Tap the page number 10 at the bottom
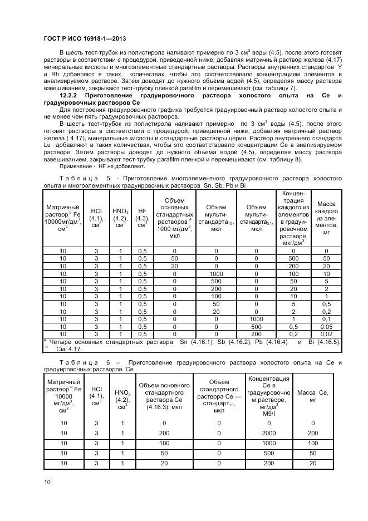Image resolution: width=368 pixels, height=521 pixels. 47,482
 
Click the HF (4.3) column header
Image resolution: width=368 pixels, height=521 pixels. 142,219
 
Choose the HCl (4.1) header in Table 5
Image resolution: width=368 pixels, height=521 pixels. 96,219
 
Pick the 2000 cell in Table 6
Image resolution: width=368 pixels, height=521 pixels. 269,432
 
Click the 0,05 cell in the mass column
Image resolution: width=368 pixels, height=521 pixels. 326,326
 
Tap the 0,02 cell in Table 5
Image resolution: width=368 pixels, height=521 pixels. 326,334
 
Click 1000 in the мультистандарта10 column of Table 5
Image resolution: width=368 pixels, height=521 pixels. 216,274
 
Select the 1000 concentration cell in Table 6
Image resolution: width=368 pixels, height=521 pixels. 269,443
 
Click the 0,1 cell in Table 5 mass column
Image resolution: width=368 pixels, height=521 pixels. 326,319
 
